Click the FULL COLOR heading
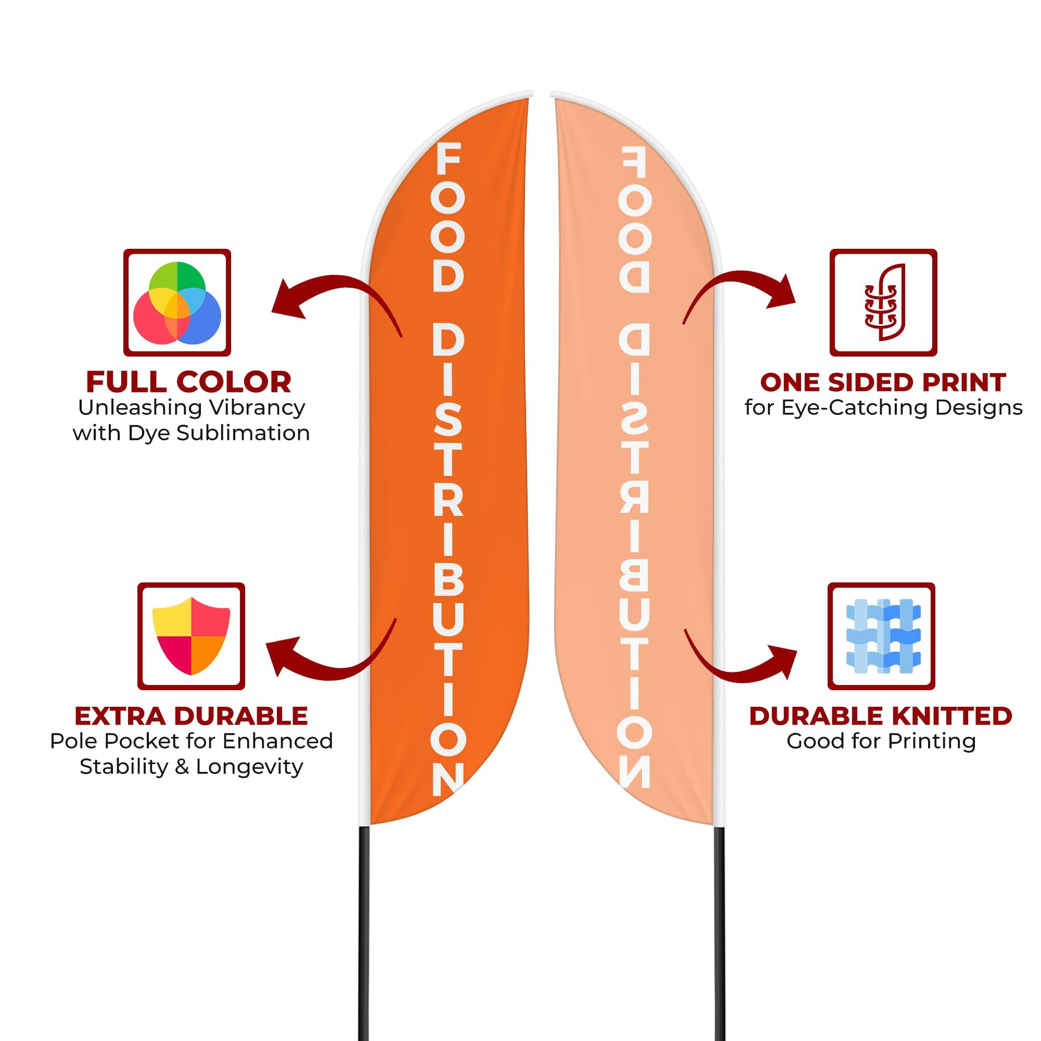pos(188,383)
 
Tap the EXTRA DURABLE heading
pos(191,716)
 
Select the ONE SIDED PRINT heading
pos(883,383)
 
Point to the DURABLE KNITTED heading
pos(881,716)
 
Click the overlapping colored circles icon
pos(177,303)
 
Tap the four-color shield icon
pos(191,637)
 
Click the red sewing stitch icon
pos(884,302)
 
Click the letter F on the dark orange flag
pos(448,159)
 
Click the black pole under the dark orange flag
pos(364,933)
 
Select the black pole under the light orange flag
pos(719,933)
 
